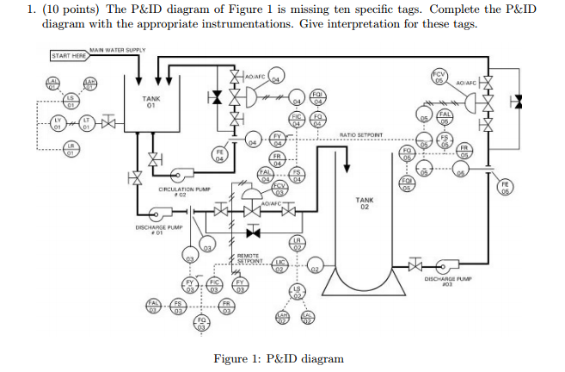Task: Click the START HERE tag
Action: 68,56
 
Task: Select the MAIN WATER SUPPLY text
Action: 118,49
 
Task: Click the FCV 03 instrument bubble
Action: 279,188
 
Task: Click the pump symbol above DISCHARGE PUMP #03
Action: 448,263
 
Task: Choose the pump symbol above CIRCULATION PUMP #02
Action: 179,170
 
